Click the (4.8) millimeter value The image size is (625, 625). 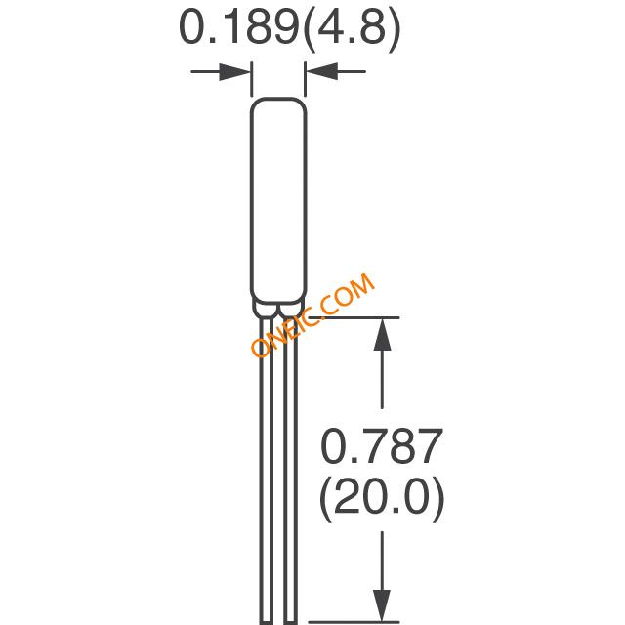352,30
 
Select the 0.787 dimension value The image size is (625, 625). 382,446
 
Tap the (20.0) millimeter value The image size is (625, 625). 382,499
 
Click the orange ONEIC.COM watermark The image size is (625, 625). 312,314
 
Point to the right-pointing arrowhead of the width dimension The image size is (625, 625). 234,71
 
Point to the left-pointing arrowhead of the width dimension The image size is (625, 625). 322,71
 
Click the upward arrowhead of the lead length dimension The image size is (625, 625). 382,334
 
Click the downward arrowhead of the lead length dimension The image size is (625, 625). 382,605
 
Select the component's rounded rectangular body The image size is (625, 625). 278,200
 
